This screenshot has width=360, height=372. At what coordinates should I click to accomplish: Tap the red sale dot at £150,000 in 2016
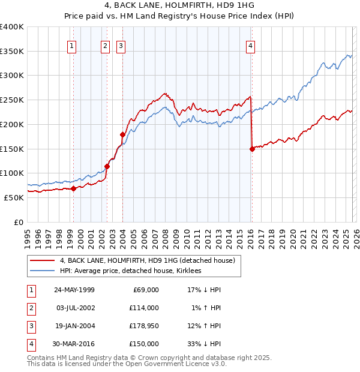coord(252,149)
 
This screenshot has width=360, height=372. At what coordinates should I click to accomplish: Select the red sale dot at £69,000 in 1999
coord(74,188)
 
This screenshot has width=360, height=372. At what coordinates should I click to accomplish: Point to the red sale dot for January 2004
coord(122,135)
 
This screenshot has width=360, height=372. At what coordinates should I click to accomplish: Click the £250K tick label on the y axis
coord(12,100)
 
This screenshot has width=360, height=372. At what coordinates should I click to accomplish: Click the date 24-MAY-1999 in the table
coord(74,290)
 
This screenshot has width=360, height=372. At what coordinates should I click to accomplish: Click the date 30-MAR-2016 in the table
coord(74,344)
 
